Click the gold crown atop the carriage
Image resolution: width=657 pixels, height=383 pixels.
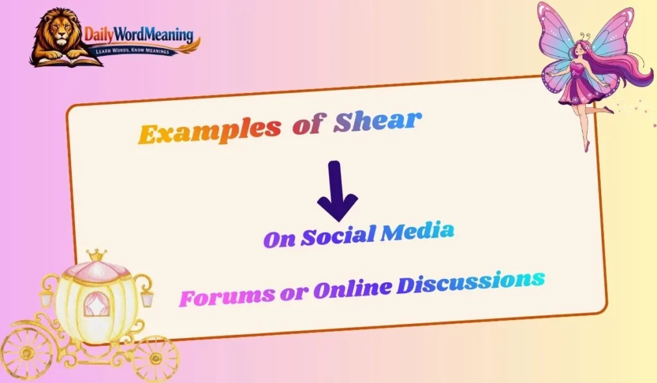pyautogui.click(x=97, y=256)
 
